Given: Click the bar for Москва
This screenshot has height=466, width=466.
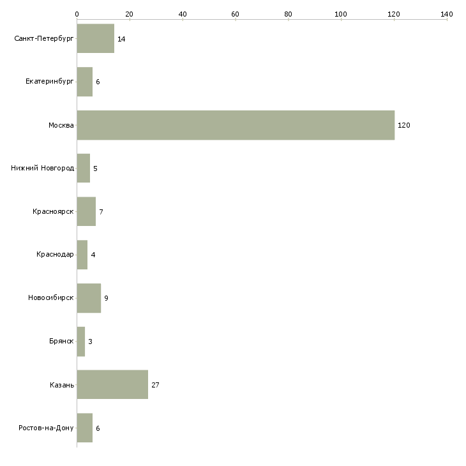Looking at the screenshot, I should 236,125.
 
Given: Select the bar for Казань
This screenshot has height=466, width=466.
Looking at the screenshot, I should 112,384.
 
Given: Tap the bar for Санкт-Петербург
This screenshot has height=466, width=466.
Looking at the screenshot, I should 95,39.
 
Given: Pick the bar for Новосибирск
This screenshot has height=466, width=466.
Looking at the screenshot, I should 89,298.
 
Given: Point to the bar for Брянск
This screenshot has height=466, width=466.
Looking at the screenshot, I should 80,342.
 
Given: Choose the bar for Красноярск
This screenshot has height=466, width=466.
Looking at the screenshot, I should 86,212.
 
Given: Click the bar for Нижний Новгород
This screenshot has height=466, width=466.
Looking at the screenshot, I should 83,169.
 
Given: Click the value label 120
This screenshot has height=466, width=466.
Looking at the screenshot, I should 403,125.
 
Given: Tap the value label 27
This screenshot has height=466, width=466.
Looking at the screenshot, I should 155,385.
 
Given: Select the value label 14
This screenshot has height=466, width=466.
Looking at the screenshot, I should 121,39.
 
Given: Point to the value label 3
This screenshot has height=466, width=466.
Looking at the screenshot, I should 90,342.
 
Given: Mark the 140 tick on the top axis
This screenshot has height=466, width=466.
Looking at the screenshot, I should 447,13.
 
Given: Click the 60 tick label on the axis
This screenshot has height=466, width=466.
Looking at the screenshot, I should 235,13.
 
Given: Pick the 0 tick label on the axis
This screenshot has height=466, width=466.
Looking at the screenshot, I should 77,13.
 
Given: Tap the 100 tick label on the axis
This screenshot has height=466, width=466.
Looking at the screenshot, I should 341,13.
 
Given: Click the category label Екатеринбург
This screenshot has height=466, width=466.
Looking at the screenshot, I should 50,82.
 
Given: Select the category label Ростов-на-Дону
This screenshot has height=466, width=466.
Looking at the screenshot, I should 47,428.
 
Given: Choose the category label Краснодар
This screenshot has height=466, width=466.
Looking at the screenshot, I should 55,255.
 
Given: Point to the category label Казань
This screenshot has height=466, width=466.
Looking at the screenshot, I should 61,385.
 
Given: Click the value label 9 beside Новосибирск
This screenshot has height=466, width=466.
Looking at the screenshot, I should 106,298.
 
